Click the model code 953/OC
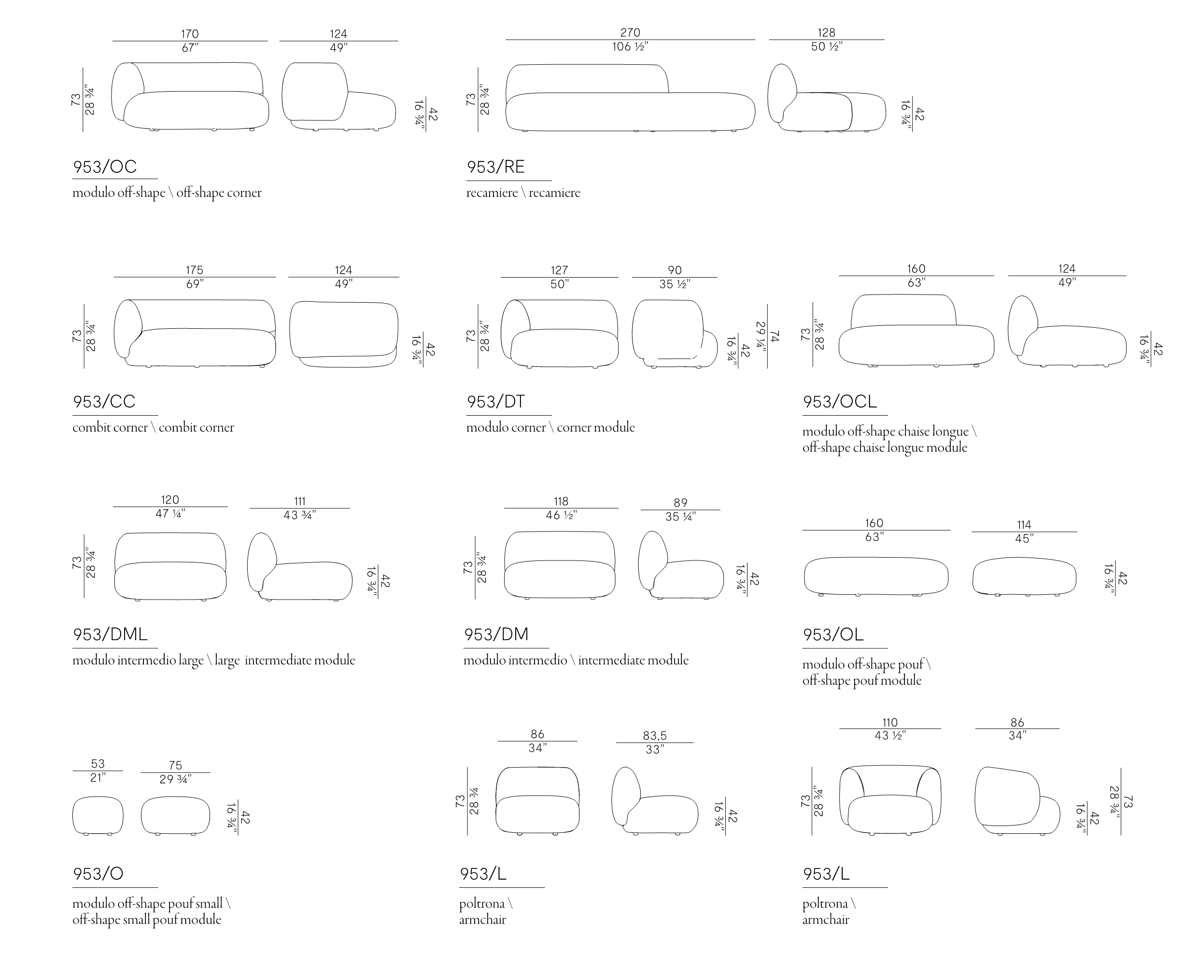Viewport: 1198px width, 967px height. tap(105, 167)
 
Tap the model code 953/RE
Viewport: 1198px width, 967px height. tap(495, 167)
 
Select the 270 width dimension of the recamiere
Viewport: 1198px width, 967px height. tap(630, 33)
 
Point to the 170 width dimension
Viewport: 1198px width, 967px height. tap(189, 34)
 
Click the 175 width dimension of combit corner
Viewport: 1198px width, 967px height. tap(195, 270)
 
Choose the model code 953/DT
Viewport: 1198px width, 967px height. tap(495, 402)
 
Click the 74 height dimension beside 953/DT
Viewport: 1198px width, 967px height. tap(774, 336)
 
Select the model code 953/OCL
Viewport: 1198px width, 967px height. tap(839, 402)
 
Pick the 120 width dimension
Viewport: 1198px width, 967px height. tap(170, 500)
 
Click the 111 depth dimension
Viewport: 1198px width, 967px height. tap(299, 501)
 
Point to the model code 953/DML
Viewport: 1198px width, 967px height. tap(110, 634)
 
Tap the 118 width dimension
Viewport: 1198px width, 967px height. tap(561, 501)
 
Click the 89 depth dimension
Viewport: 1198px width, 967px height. tap(680, 503)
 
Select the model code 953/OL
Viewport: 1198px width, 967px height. tap(833, 634)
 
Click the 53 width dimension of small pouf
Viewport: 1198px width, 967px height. tap(98, 764)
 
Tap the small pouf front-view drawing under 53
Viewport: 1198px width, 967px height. tap(98, 815)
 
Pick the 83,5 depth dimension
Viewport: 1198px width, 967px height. tap(654, 736)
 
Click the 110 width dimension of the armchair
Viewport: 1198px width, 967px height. tap(890, 722)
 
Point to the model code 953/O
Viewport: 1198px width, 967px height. tap(98, 874)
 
